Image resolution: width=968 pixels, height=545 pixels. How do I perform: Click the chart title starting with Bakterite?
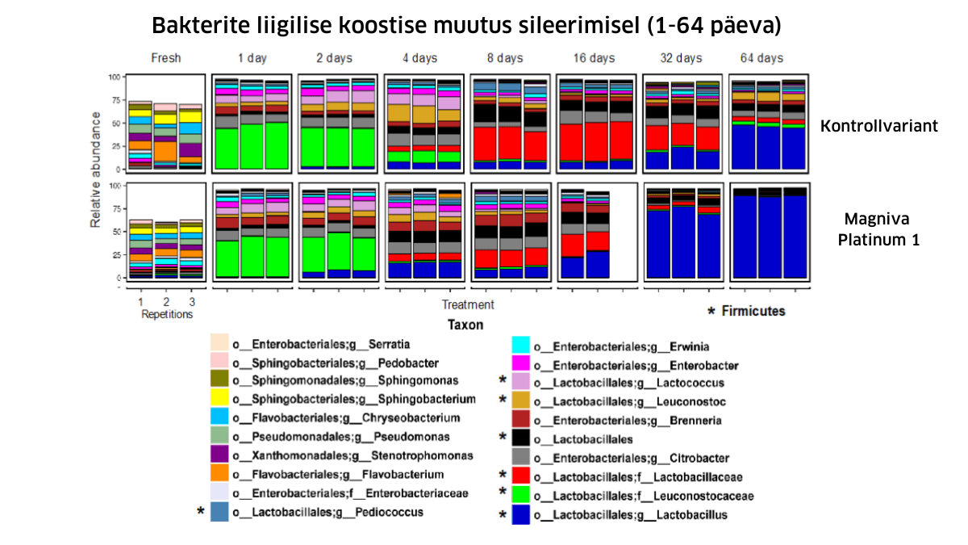click(466, 26)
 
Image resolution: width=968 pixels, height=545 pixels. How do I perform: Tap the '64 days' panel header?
click(761, 58)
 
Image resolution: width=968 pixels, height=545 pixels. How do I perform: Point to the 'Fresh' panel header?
click(165, 58)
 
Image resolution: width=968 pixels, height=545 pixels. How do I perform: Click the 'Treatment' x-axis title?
click(468, 305)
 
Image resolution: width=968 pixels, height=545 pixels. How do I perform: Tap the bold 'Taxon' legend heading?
click(466, 325)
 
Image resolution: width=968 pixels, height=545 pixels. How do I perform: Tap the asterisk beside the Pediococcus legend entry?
click(200, 511)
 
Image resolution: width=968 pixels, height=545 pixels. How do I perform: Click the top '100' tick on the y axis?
click(114, 77)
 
